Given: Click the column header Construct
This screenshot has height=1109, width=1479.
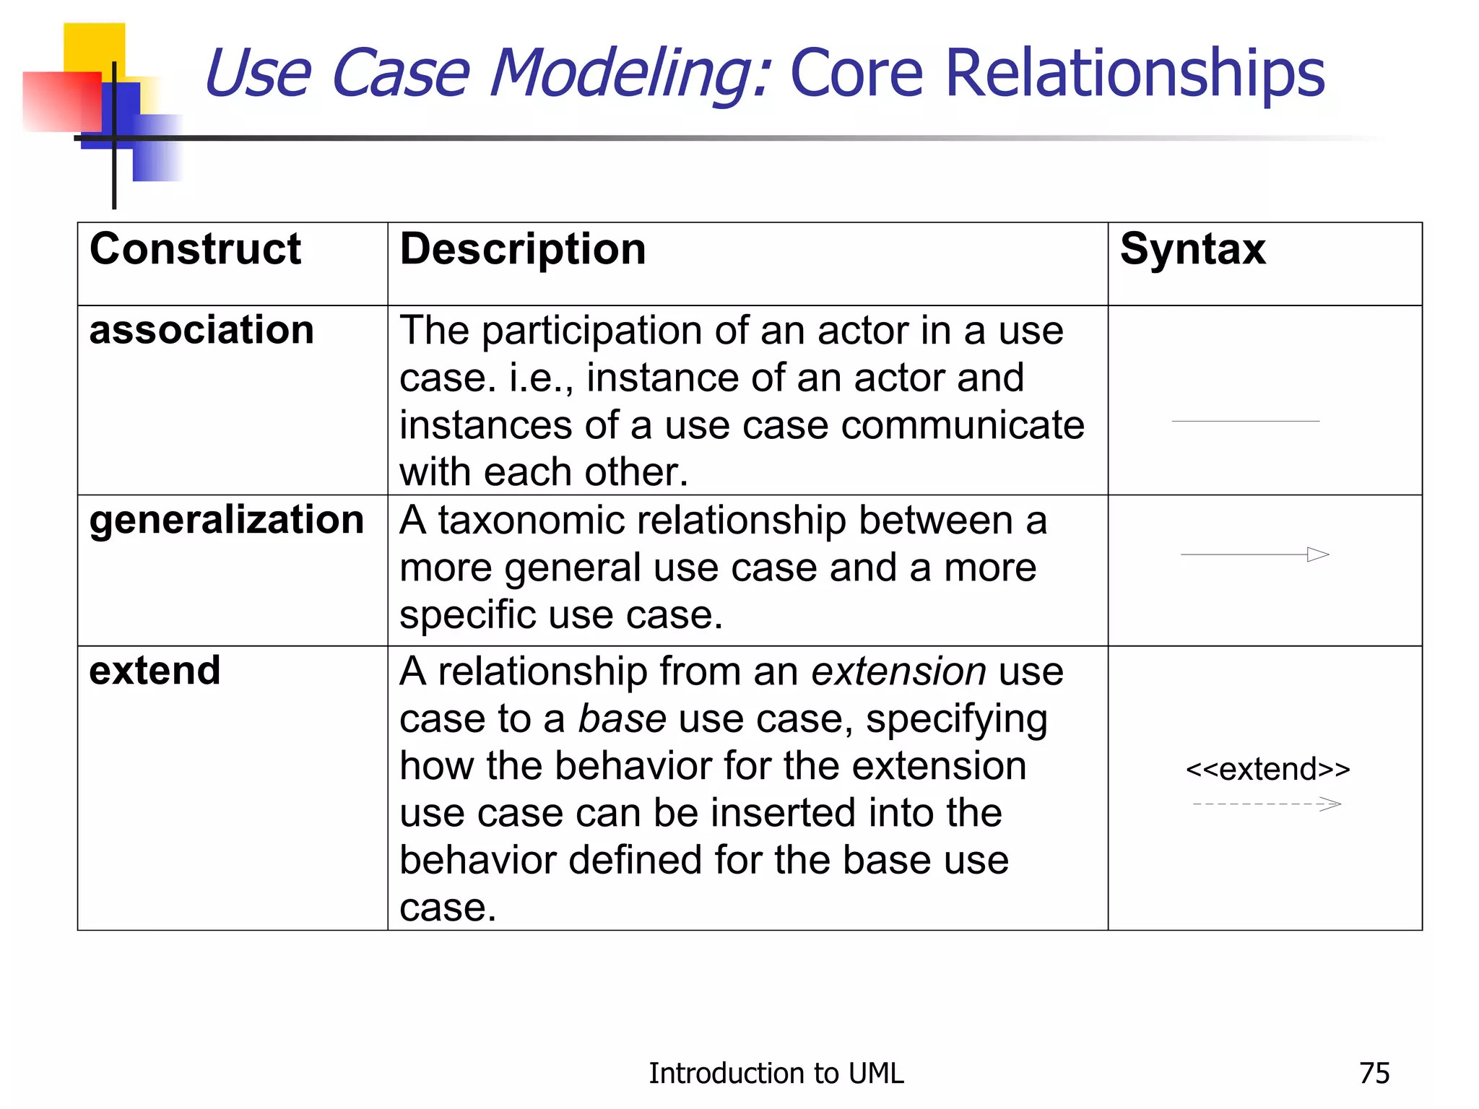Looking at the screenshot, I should (195, 250).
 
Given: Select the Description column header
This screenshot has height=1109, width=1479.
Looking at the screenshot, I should (522, 250).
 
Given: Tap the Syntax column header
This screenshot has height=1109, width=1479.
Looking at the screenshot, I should (1192, 250).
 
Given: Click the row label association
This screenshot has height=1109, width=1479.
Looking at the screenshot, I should (201, 331).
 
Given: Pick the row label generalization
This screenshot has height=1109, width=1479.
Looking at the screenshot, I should (226, 521).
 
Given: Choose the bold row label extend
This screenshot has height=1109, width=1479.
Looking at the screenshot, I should (155, 671).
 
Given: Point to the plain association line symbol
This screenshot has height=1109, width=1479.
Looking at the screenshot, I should (1245, 421).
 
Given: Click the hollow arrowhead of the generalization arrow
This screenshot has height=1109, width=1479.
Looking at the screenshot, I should (1318, 554).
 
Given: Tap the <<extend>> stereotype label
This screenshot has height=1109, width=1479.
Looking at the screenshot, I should (1267, 769).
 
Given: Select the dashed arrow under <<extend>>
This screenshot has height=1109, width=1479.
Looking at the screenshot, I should (1266, 804).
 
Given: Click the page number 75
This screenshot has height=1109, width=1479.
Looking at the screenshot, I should (1374, 1074).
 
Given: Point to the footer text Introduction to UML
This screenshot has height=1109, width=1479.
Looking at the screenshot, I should (776, 1074).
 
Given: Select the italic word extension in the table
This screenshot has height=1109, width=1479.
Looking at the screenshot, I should (898, 671).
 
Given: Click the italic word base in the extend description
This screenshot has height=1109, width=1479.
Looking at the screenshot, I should (622, 719).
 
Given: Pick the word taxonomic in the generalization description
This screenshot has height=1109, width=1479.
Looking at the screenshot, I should (547, 521).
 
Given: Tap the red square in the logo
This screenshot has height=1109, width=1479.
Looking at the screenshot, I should (61, 101).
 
